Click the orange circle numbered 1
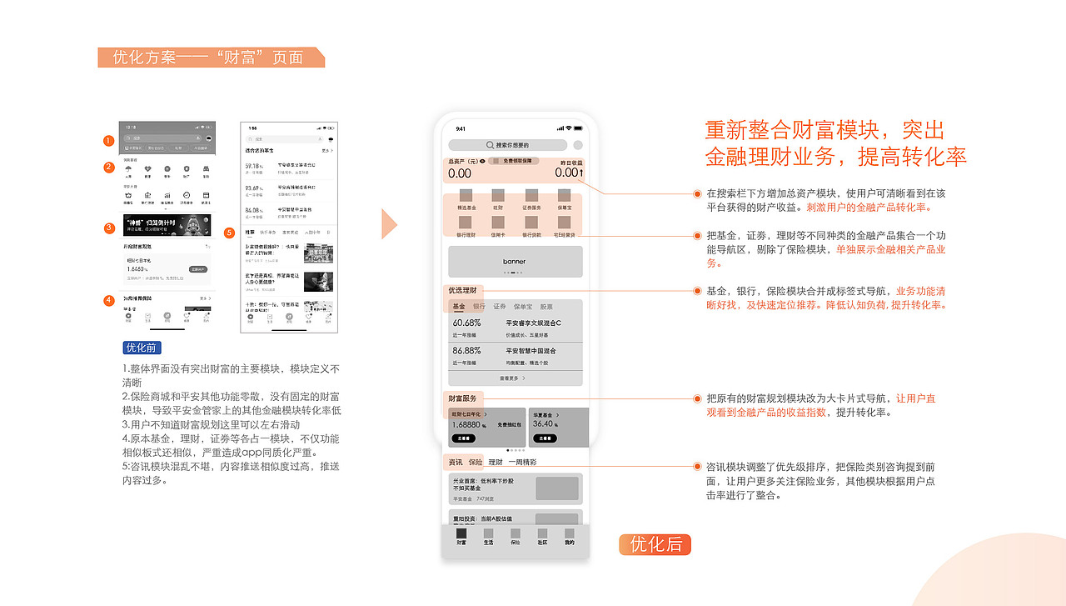(108, 141)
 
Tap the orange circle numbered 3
(108, 228)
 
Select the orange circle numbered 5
(230, 233)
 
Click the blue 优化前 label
(142, 348)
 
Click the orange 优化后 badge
(655, 544)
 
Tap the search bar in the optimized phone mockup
(508, 145)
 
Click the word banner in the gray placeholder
(515, 262)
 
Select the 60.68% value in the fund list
(467, 323)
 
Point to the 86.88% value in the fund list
(467, 351)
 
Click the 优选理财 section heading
(462, 290)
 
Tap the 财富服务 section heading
(462, 398)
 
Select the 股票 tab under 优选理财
(546, 307)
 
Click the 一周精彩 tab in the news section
(522, 462)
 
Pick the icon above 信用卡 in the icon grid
(499, 223)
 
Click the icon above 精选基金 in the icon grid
(466, 197)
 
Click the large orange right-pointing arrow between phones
(389, 223)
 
